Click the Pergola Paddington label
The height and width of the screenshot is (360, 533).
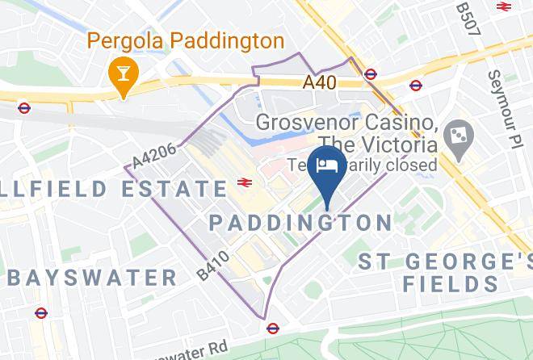(185, 40)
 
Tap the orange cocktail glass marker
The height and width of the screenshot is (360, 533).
(123, 76)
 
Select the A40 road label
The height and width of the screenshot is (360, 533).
(320, 82)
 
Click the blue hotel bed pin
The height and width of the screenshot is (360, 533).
(325, 168)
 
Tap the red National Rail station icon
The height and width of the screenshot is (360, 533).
(243, 184)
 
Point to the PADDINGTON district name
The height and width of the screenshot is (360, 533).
(300, 222)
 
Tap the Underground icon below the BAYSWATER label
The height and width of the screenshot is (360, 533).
(40, 313)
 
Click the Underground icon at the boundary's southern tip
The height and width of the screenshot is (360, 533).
(273, 328)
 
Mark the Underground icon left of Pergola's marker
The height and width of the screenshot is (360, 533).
(24, 107)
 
